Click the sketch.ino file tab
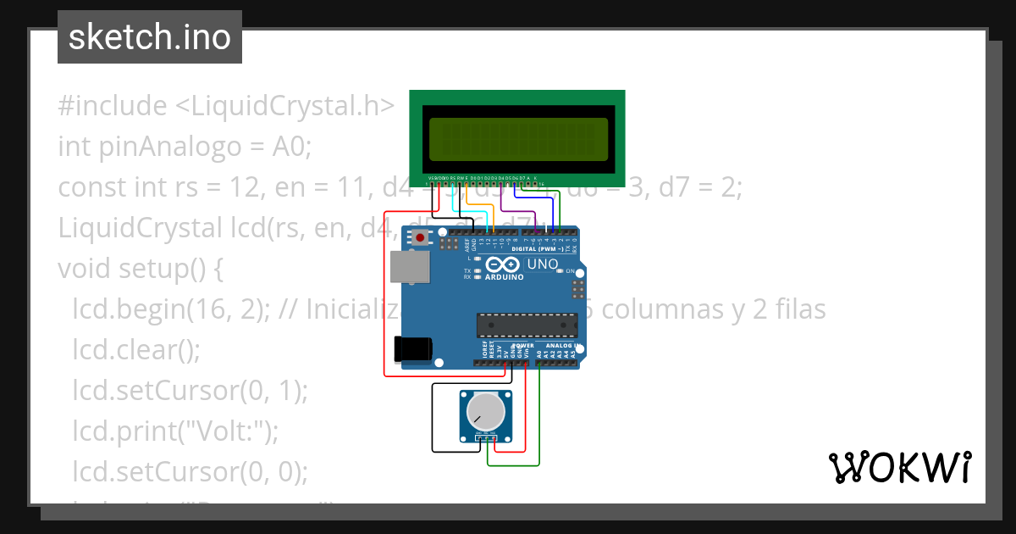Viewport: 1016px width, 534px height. (149, 37)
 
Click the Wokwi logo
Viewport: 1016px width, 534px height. (899, 467)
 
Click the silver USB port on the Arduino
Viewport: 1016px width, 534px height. (409, 266)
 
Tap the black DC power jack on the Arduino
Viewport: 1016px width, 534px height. (413, 348)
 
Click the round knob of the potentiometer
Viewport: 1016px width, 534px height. (485, 413)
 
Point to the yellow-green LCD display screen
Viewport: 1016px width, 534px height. (517, 140)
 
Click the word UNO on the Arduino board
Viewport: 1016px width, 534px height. (543, 264)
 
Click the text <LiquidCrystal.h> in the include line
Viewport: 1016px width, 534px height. (284, 106)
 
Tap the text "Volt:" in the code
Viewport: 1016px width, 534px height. (223, 431)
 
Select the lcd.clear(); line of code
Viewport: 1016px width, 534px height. (136, 350)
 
